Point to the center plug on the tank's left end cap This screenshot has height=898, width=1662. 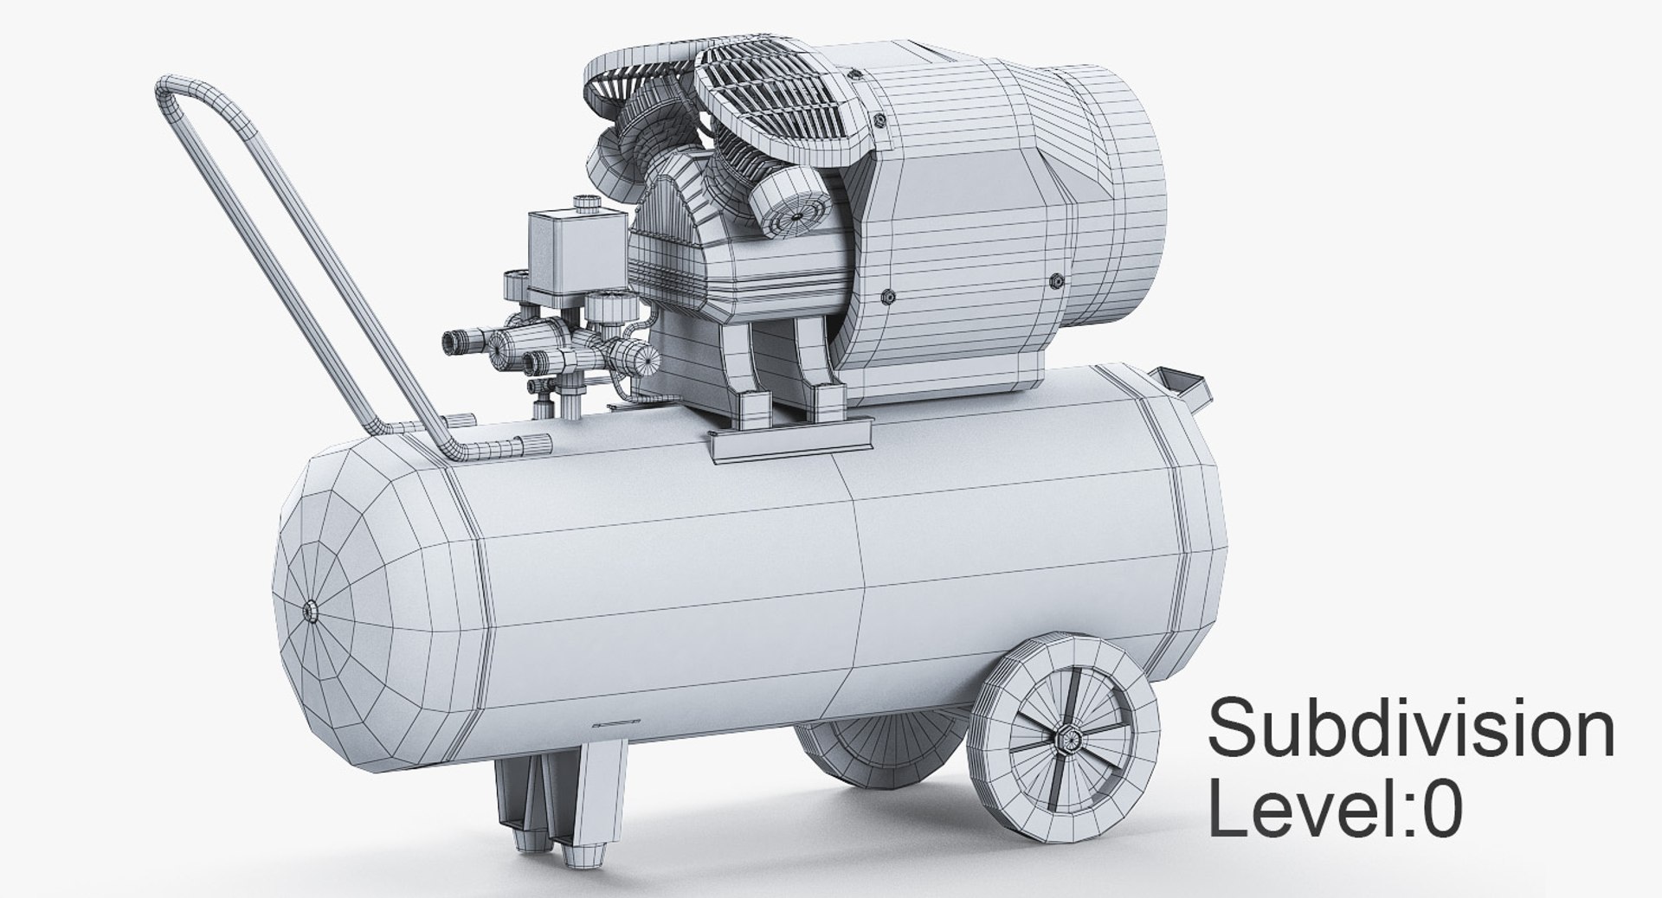[309, 611]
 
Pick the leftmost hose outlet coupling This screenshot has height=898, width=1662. [457, 343]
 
